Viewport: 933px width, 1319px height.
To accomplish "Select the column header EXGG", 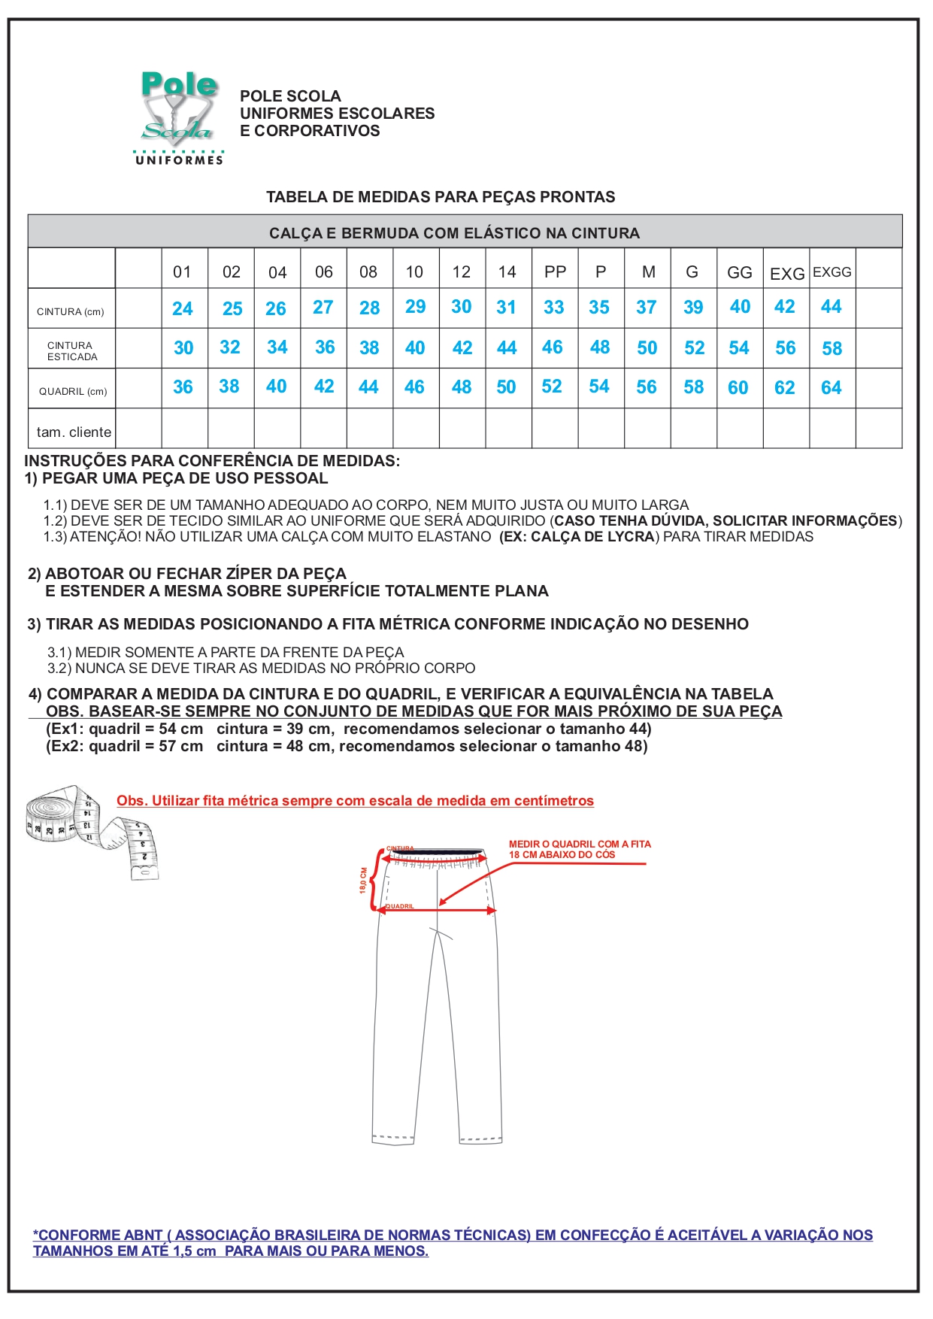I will (x=832, y=272).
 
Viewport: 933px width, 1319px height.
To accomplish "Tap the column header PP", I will (x=555, y=272).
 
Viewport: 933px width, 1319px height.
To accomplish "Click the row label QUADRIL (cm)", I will (x=73, y=391).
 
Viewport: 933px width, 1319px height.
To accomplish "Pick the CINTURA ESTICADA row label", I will (x=72, y=351).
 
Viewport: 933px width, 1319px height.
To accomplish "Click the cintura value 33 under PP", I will (x=553, y=308).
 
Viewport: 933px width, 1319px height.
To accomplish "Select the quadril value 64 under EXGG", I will (x=831, y=388).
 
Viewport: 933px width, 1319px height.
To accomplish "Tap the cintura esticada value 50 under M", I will (x=647, y=348).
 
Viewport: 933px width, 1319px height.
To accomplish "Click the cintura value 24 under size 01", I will (x=182, y=309).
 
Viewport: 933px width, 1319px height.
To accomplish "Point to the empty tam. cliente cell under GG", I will (x=740, y=429).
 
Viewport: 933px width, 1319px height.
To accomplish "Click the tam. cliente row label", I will (x=74, y=432).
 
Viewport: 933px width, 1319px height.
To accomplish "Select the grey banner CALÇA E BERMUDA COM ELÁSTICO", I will (x=454, y=233).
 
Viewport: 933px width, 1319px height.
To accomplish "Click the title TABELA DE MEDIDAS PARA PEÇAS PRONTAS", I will (x=441, y=197).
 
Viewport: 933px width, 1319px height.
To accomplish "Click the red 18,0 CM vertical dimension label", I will (x=363, y=880).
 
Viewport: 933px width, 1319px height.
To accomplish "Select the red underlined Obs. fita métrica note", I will (x=355, y=801).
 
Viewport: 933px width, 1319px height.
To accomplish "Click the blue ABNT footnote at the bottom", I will (x=453, y=1243).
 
